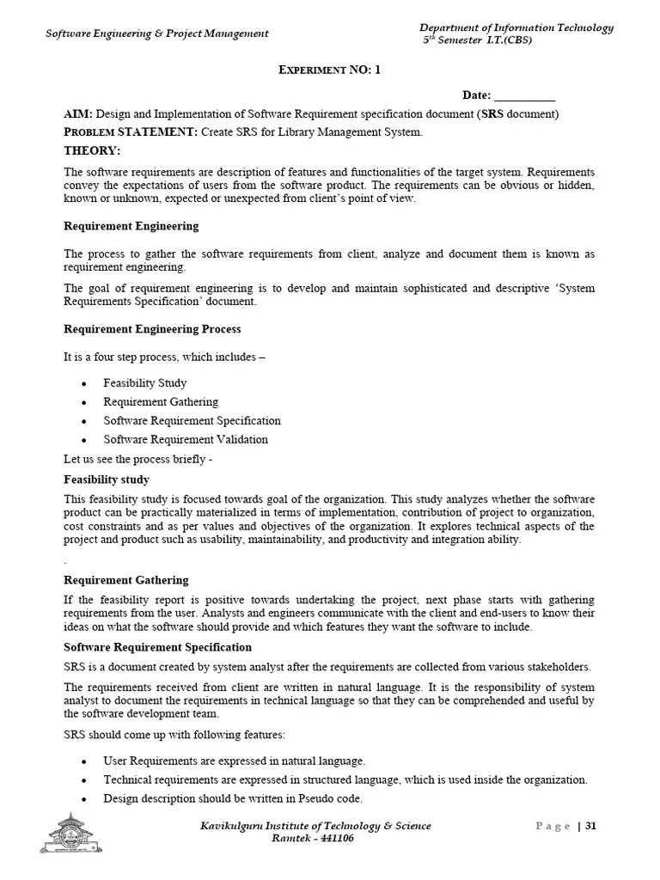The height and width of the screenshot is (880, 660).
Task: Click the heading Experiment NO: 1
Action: [329, 70]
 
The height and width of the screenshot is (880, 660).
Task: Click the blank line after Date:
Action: [525, 96]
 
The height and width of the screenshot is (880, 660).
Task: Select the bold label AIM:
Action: [78, 114]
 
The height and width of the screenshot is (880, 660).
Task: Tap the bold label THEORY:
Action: [92, 150]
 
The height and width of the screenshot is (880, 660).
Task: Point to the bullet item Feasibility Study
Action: [144, 383]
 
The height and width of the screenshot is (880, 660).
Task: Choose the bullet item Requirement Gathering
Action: [161, 402]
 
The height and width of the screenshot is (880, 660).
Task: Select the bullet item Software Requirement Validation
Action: [185, 439]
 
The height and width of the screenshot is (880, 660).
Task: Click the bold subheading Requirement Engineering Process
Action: [152, 329]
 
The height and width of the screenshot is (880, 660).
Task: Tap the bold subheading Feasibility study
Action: [107, 480]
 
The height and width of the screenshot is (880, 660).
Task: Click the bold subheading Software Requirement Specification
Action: [158, 647]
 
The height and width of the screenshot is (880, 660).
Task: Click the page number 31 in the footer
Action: [590, 827]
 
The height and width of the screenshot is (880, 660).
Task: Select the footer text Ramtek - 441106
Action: [312, 839]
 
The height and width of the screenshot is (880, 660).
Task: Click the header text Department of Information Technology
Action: [516, 27]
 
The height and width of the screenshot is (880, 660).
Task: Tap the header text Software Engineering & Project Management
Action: [156, 34]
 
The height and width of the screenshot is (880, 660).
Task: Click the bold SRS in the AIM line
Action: [492, 114]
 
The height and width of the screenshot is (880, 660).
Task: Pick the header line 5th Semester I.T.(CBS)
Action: [470, 40]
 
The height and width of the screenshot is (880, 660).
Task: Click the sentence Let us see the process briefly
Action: [137, 459]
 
